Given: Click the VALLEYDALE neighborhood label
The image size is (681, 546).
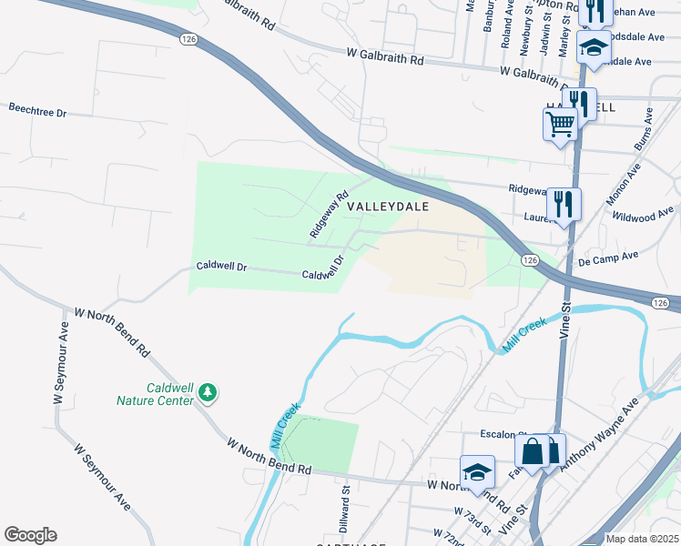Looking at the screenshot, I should pos(386,207).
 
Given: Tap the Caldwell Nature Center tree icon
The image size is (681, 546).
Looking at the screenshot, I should pos(209,393).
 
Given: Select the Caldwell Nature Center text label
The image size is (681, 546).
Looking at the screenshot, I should pos(156,393).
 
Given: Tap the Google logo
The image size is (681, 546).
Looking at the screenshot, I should pos(30,534).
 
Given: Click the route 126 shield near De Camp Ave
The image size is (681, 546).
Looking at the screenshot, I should pos(529,260).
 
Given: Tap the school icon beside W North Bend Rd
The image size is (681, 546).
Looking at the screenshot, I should pos(477,470).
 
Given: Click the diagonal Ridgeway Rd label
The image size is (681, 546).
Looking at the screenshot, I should pos(330,215).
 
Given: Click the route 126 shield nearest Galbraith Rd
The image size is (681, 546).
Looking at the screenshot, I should pos(187,39).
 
